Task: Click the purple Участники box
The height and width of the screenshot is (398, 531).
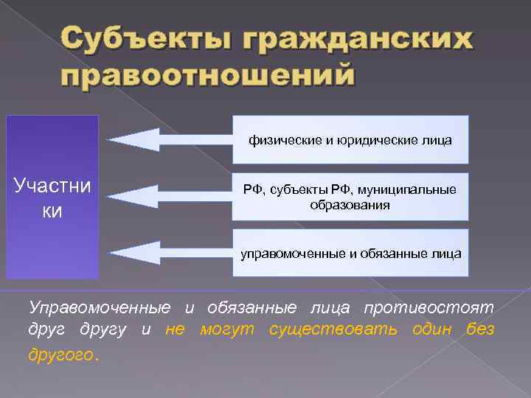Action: click(52, 197)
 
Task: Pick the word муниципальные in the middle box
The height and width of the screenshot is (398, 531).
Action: click(412, 190)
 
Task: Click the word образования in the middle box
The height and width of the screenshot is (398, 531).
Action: click(350, 205)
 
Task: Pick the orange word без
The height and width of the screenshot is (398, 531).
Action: click(480, 329)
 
